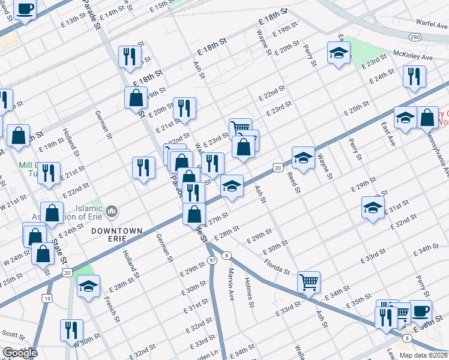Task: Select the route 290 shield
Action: [x=415, y=37]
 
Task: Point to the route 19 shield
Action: [x=47, y=297]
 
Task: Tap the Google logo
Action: [x=20, y=353]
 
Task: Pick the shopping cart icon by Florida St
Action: [x=309, y=281]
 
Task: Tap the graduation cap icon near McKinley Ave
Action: [x=339, y=53]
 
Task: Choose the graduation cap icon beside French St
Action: [x=89, y=287]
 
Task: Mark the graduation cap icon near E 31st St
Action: [x=373, y=208]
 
